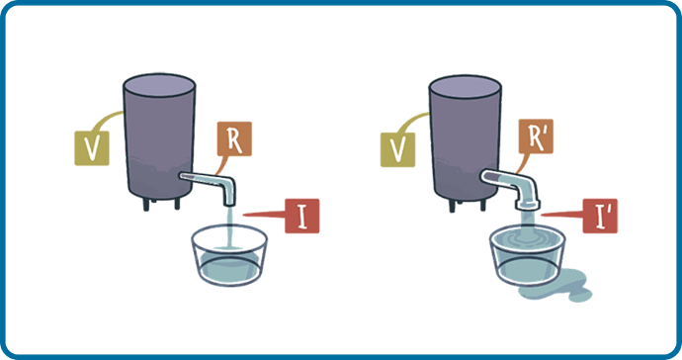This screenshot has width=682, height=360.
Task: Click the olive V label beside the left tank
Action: click(92, 148)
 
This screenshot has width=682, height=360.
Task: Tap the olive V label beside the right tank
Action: click(397, 149)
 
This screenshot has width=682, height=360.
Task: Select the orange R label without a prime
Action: click(234, 138)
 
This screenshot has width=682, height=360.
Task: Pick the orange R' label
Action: click(536, 136)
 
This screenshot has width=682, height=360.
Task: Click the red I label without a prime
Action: click(302, 216)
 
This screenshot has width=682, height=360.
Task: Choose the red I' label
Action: click(600, 216)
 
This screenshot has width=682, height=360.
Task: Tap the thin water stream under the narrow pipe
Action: click(230, 227)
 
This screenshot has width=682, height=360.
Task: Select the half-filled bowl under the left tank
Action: click(229, 255)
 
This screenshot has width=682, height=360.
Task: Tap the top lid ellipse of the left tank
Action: click(159, 86)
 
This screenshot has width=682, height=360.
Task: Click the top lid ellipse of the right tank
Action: click(465, 87)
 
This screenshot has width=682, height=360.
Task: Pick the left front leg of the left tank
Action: click(146, 205)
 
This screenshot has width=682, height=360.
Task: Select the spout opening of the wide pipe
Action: click(527, 205)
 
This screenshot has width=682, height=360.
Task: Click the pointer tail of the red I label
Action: click(264, 215)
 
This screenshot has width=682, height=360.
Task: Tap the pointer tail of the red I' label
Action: click(561, 215)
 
